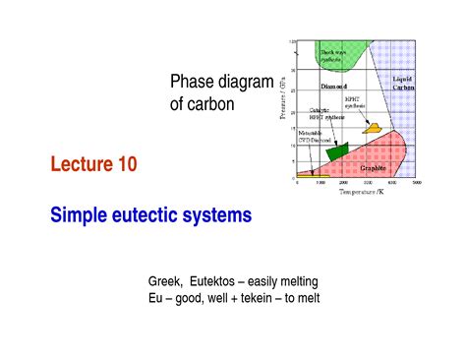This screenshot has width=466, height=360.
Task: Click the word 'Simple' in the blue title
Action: [77, 212]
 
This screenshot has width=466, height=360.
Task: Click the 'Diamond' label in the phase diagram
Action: [321, 87]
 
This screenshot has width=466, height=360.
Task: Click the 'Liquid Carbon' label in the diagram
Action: [404, 83]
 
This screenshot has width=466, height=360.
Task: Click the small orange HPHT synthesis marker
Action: [371, 128]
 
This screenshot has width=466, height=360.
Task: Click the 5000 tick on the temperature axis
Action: [417, 184]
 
